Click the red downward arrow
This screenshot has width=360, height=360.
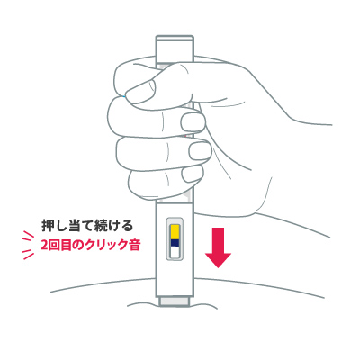(x=218, y=247)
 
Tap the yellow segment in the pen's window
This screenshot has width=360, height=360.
(x=175, y=231)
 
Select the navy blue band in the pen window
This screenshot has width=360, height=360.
(x=175, y=243)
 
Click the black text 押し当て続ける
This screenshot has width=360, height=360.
(x=87, y=226)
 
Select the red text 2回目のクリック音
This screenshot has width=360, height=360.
(x=90, y=246)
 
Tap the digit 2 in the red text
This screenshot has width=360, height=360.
(x=44, y=246)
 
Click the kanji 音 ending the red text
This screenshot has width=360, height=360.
(x=135, y=246)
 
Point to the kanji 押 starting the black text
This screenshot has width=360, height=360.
(x=47, y=226)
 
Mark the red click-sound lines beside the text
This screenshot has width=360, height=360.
(x=29, y=245)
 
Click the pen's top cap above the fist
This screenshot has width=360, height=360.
(x=175, y=49)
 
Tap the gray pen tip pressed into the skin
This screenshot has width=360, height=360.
(x=175, y=301)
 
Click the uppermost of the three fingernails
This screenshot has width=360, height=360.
(x=193, y=121)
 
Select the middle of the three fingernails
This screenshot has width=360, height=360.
(x=200, y=150)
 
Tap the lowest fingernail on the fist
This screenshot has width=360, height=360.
(x=193, y=177)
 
